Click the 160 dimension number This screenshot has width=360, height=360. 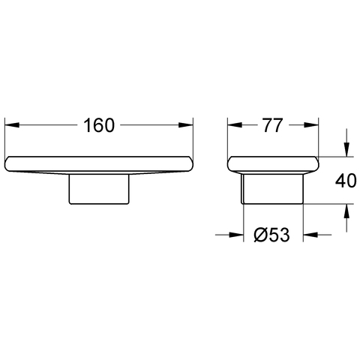(99, 125)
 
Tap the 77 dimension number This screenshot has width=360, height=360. (272, 125)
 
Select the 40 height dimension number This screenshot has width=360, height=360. (346, 181)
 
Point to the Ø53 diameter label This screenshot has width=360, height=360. (271, 235)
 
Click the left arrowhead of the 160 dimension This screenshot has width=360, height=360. (12, 124)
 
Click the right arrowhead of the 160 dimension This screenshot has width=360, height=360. (186, 124)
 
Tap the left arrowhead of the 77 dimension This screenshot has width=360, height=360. (235, 124)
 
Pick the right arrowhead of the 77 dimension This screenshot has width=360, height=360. (311, 124)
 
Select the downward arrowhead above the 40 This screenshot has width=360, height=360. (346, 149)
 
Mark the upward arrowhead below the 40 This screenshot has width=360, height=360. (346, 211)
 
